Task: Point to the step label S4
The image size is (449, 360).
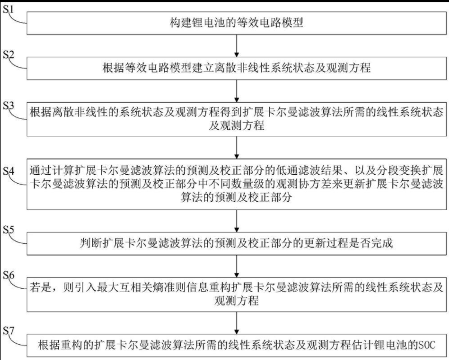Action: (11, 171)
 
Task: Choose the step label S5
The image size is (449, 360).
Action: (11, 230)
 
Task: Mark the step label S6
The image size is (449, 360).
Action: (11, 275)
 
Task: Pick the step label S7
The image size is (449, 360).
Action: (11, 329)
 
